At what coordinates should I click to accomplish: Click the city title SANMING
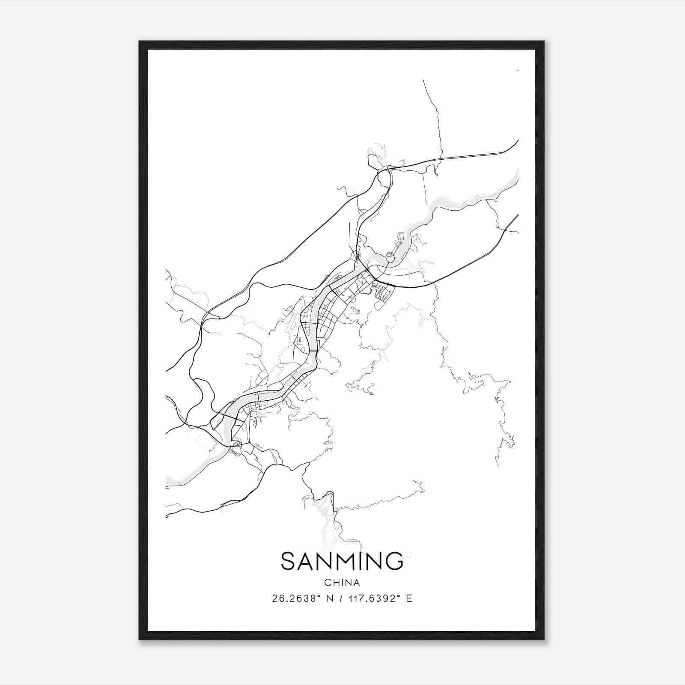[342, 561]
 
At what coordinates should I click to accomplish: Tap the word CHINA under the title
[342, 583]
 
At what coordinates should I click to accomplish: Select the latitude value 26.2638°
[296, 599]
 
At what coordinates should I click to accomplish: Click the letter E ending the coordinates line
[409, 599]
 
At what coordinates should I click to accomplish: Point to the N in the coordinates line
[330, 599]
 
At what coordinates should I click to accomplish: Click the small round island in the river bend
[390, 257]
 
